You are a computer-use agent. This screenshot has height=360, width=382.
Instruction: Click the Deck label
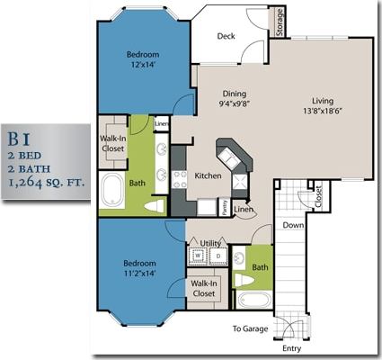[227, 36]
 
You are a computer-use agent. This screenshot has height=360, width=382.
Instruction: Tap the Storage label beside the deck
[280, 22]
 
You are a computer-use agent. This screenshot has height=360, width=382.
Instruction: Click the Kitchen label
[209, 176]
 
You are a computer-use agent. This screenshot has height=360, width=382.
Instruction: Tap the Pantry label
[225, 207]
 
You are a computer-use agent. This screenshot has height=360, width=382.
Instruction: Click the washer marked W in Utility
[197, 256]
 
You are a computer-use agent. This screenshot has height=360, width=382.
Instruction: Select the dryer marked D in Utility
[217, 256]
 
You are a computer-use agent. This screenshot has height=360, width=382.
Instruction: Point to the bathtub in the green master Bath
[113, 192]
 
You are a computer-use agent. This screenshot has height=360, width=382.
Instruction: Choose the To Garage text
[251, 329]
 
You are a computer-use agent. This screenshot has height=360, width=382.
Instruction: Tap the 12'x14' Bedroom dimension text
[142, 64]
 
